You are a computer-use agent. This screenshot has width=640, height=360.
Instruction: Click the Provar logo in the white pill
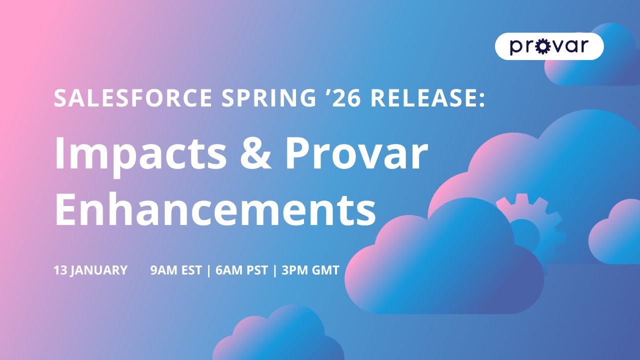[x=549, y=46]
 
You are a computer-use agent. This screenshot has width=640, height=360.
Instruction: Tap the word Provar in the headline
[x=356, y=154]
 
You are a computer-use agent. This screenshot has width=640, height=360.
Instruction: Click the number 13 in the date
[x=60, y=270]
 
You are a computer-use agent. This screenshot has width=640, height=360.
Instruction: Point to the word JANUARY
[x=99, y=270]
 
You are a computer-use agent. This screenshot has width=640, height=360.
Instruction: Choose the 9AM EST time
[x=176, y=270]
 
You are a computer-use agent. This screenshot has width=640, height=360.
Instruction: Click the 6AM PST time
[x=242, y=270]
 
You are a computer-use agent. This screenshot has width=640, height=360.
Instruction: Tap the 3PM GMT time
[x=310, y=270]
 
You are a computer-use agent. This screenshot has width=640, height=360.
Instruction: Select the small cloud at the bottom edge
[x=280, y=337]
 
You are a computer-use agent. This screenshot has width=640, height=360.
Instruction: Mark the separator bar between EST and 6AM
[x=208, y=270]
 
